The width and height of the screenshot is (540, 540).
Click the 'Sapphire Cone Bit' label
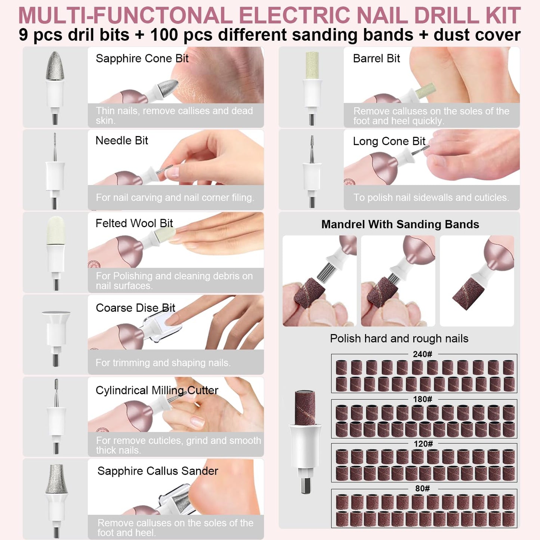(x=142, y=59)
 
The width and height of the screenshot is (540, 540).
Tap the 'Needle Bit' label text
(x=122, y=141)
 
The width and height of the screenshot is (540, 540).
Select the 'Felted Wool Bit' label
(x=134, y=223)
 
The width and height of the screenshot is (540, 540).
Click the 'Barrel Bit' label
(x=376, y=59)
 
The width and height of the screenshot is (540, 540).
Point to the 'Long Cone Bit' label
(x=389, y=141)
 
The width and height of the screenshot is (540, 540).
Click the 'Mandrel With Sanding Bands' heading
(x=400, y=224)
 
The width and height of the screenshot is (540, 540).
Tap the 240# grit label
(x=422, y=354)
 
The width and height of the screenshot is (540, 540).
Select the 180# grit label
(x=422, y=399)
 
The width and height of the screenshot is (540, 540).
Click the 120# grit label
(x=423, y=444)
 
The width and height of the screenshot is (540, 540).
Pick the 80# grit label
(x=422, y=489)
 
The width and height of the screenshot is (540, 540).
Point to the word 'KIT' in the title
(x=503, y=16)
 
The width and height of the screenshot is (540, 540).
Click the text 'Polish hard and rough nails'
(x=399, y=339)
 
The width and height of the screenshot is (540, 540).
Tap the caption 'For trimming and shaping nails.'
(x=163, y=362)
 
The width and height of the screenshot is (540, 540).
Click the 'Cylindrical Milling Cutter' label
(x=157, y=391)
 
